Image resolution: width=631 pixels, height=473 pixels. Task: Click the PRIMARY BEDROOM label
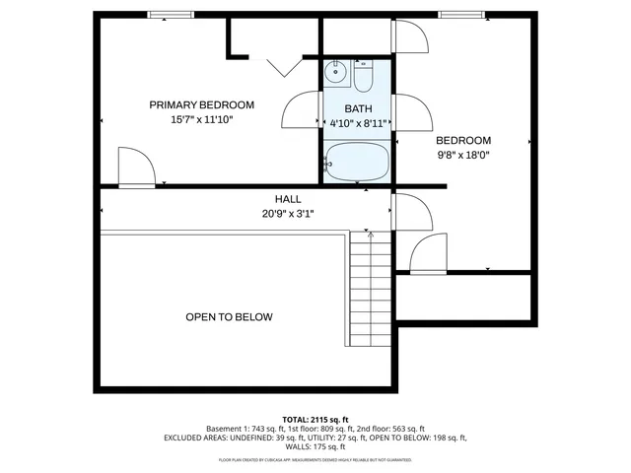pos(201,104)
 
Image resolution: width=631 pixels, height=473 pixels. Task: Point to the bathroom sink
pos(335,70)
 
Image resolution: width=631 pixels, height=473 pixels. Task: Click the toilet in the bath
pos(363,76)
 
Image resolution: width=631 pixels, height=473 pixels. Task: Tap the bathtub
pos(357,162)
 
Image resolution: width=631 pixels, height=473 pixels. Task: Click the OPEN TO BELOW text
pos(229,317)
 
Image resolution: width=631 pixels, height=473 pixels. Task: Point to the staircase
pos(371,290)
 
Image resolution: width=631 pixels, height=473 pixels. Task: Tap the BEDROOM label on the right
pos(463,140)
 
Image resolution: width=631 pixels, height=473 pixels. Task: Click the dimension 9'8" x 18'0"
pos(463,154)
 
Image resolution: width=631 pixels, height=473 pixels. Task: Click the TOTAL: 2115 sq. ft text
pos(315,419)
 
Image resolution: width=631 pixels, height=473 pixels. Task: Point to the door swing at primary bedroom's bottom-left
pos(134,167)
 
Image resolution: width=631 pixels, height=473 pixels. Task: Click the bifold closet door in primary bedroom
pos(277,65)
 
